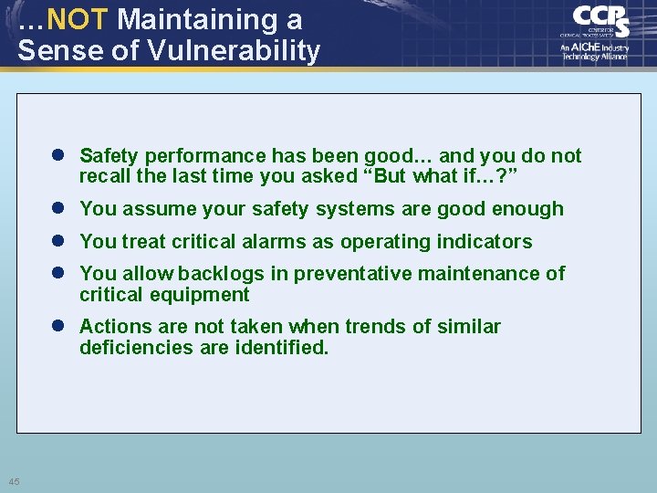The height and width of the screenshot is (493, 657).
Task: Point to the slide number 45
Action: [15, 481]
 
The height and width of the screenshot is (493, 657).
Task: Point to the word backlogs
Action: [217, 274]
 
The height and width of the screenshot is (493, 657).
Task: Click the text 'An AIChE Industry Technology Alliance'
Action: [594, 51]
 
